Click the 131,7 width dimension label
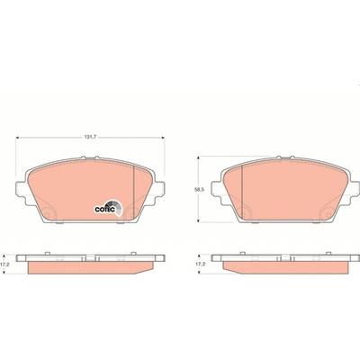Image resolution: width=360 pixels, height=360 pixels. coord(90,137)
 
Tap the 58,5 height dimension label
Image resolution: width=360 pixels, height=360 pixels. coord(196,190)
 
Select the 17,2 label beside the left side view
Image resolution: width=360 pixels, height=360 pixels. coord(4,265)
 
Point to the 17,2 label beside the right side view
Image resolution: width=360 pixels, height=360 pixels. coord(199,265)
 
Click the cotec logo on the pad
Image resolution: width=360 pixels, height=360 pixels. coord(109,207)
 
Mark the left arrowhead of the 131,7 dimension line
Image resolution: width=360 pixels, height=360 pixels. coord(17,138)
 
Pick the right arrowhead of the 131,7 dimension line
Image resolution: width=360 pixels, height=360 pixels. coord(163,138)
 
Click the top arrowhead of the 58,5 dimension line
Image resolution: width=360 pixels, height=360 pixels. coord(198,158)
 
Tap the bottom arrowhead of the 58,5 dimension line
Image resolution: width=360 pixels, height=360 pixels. coord(198,220)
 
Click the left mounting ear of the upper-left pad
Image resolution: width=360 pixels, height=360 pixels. coord(21,190)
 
